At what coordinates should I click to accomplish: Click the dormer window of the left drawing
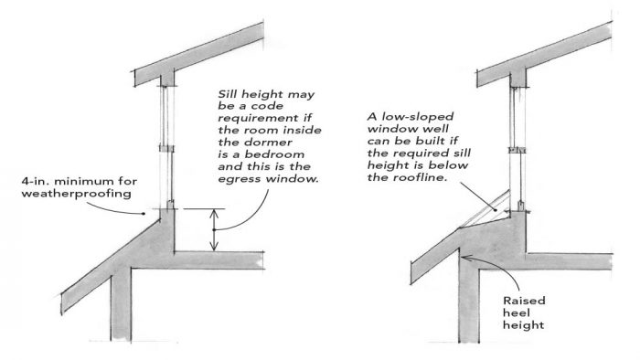pyautogui.click(x=166, y=146)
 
